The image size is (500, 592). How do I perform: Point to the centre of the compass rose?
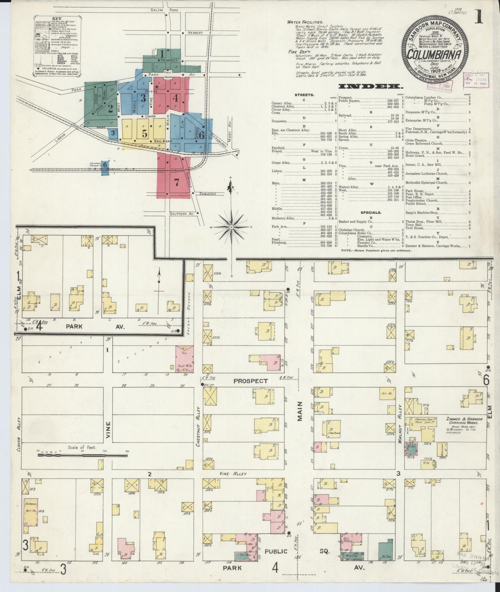(231, 227)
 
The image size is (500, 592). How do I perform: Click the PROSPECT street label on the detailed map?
(251, 381)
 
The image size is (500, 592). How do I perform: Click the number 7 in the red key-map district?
(176, 183)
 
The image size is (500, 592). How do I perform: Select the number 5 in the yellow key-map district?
(144, 133)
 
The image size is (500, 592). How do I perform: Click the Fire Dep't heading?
(298, 51)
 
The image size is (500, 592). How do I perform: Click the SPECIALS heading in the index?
(371, 213)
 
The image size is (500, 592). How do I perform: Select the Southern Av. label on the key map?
(181, 214)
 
